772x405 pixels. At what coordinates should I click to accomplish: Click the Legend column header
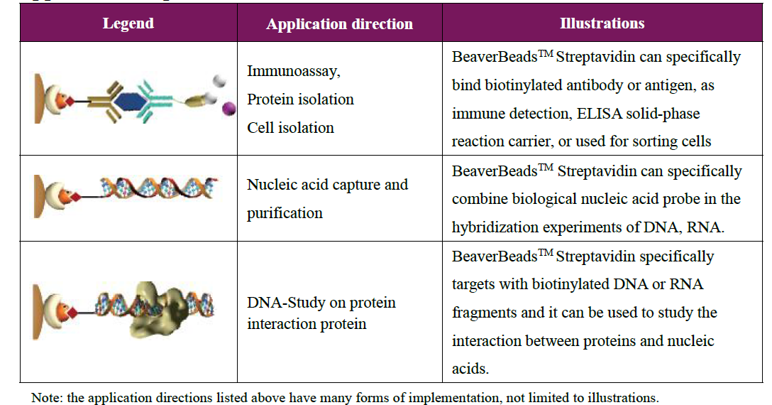[x=128, y=23]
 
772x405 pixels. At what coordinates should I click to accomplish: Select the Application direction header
[x=339, y=23]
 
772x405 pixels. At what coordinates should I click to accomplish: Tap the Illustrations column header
[x=602, y=23]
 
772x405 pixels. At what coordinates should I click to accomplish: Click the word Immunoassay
[x=294, y=71]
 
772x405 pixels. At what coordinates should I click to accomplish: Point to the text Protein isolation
[x=300, y=99]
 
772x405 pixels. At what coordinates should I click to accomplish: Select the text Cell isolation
[x=290, y=128]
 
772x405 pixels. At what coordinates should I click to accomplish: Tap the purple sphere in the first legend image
[x=228, y=108]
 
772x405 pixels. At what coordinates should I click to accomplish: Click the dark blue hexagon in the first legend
[x=130, y=102]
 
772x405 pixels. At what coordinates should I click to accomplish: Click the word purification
[x=285, y=213]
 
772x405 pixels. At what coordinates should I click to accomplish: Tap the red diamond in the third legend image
[x=72, y=312]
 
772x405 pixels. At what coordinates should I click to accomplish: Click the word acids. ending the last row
[x=470, y=369]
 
